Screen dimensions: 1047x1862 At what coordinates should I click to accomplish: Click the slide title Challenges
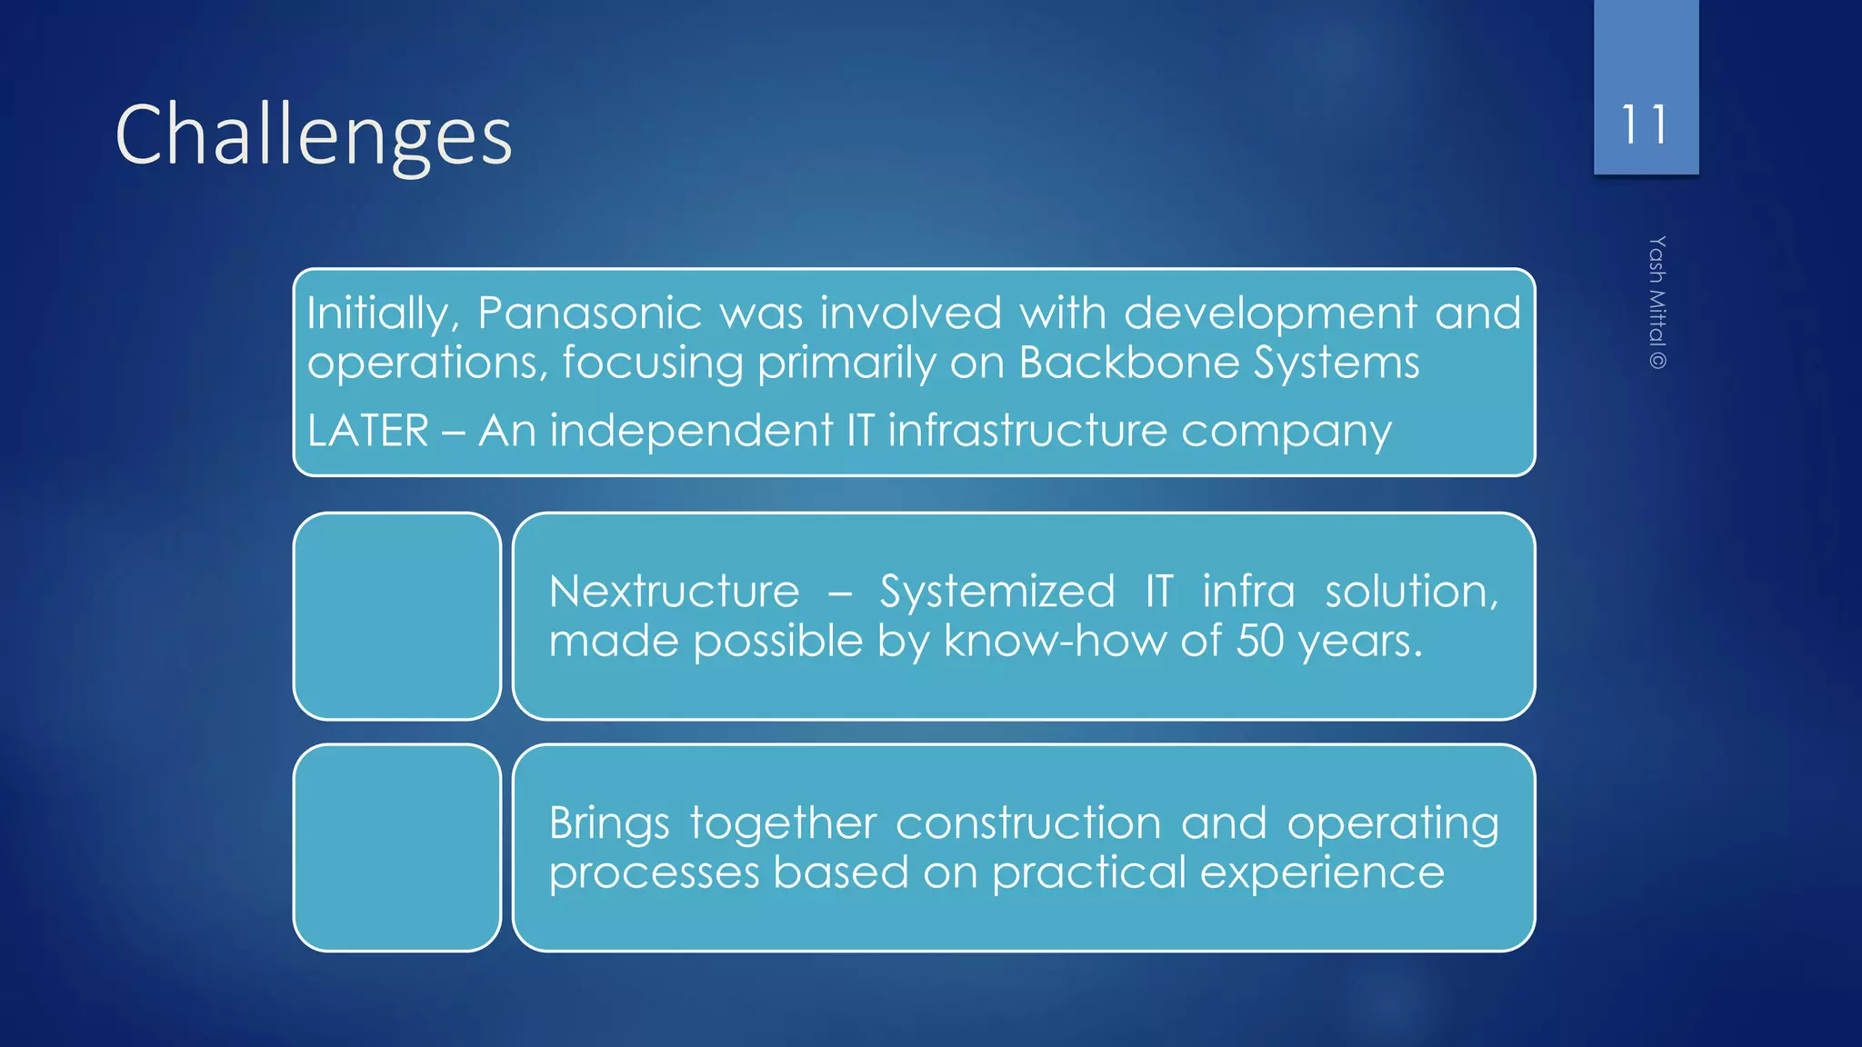coord(314,135)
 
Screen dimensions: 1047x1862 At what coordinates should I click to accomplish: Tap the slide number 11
coord(1645,125)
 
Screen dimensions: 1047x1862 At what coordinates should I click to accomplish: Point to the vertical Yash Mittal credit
coord(1657,302)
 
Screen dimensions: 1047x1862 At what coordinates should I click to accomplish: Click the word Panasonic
coord(589,314)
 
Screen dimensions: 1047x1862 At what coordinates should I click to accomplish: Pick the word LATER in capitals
coord(367,431)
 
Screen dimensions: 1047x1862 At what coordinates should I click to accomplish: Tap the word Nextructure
coord(674,592)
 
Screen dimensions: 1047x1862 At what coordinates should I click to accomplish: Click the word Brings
coord(609,824)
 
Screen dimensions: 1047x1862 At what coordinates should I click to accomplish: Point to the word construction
coord(1027,823)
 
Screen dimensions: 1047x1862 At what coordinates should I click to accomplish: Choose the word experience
coord(1322,872)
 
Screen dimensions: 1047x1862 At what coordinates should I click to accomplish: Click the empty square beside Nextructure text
coord(397,616)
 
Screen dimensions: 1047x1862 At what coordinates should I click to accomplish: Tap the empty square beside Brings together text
coord(397,848)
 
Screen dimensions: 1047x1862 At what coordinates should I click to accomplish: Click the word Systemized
coord(996,592)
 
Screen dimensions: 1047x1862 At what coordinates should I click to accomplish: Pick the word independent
coord(691,431)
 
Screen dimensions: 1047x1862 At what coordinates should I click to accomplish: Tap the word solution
coord(1410,592)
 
